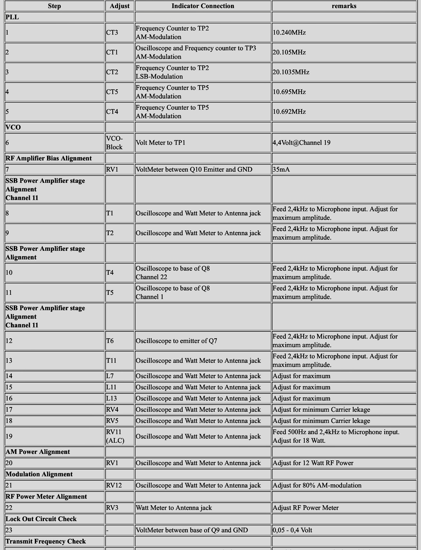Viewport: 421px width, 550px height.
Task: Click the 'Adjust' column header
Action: point(119,6)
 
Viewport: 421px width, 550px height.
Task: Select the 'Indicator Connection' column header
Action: point(203,6)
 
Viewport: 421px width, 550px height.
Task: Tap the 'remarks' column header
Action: point(344,6)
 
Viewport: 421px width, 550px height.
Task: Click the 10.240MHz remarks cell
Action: point(289,33)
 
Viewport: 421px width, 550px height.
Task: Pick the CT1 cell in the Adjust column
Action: point(112,52)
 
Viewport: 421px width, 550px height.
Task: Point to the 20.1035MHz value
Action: point(291,72)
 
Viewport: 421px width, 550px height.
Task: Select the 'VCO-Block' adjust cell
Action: point(114,143)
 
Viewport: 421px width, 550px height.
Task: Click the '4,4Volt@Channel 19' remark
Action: point(301,143)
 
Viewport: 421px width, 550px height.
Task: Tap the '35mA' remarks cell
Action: point(281,170)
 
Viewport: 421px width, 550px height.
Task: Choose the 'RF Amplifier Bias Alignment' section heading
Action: point(49,158)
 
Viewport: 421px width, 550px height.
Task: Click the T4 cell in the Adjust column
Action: point(110,273)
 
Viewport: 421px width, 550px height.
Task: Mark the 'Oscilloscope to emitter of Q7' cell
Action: point(176,341)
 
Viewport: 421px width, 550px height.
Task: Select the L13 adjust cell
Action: point(112,398)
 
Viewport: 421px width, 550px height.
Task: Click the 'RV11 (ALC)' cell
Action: point(115,436)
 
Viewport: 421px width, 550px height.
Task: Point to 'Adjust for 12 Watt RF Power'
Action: point(313,463)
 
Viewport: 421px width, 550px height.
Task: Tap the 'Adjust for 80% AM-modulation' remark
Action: point(317,485)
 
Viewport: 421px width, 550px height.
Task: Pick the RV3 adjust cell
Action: point(112,508)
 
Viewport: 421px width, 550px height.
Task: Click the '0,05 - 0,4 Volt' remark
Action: point(292,530)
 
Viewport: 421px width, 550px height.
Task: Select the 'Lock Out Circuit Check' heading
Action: point(41,519)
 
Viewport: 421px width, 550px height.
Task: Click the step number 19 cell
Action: point(9,436)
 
